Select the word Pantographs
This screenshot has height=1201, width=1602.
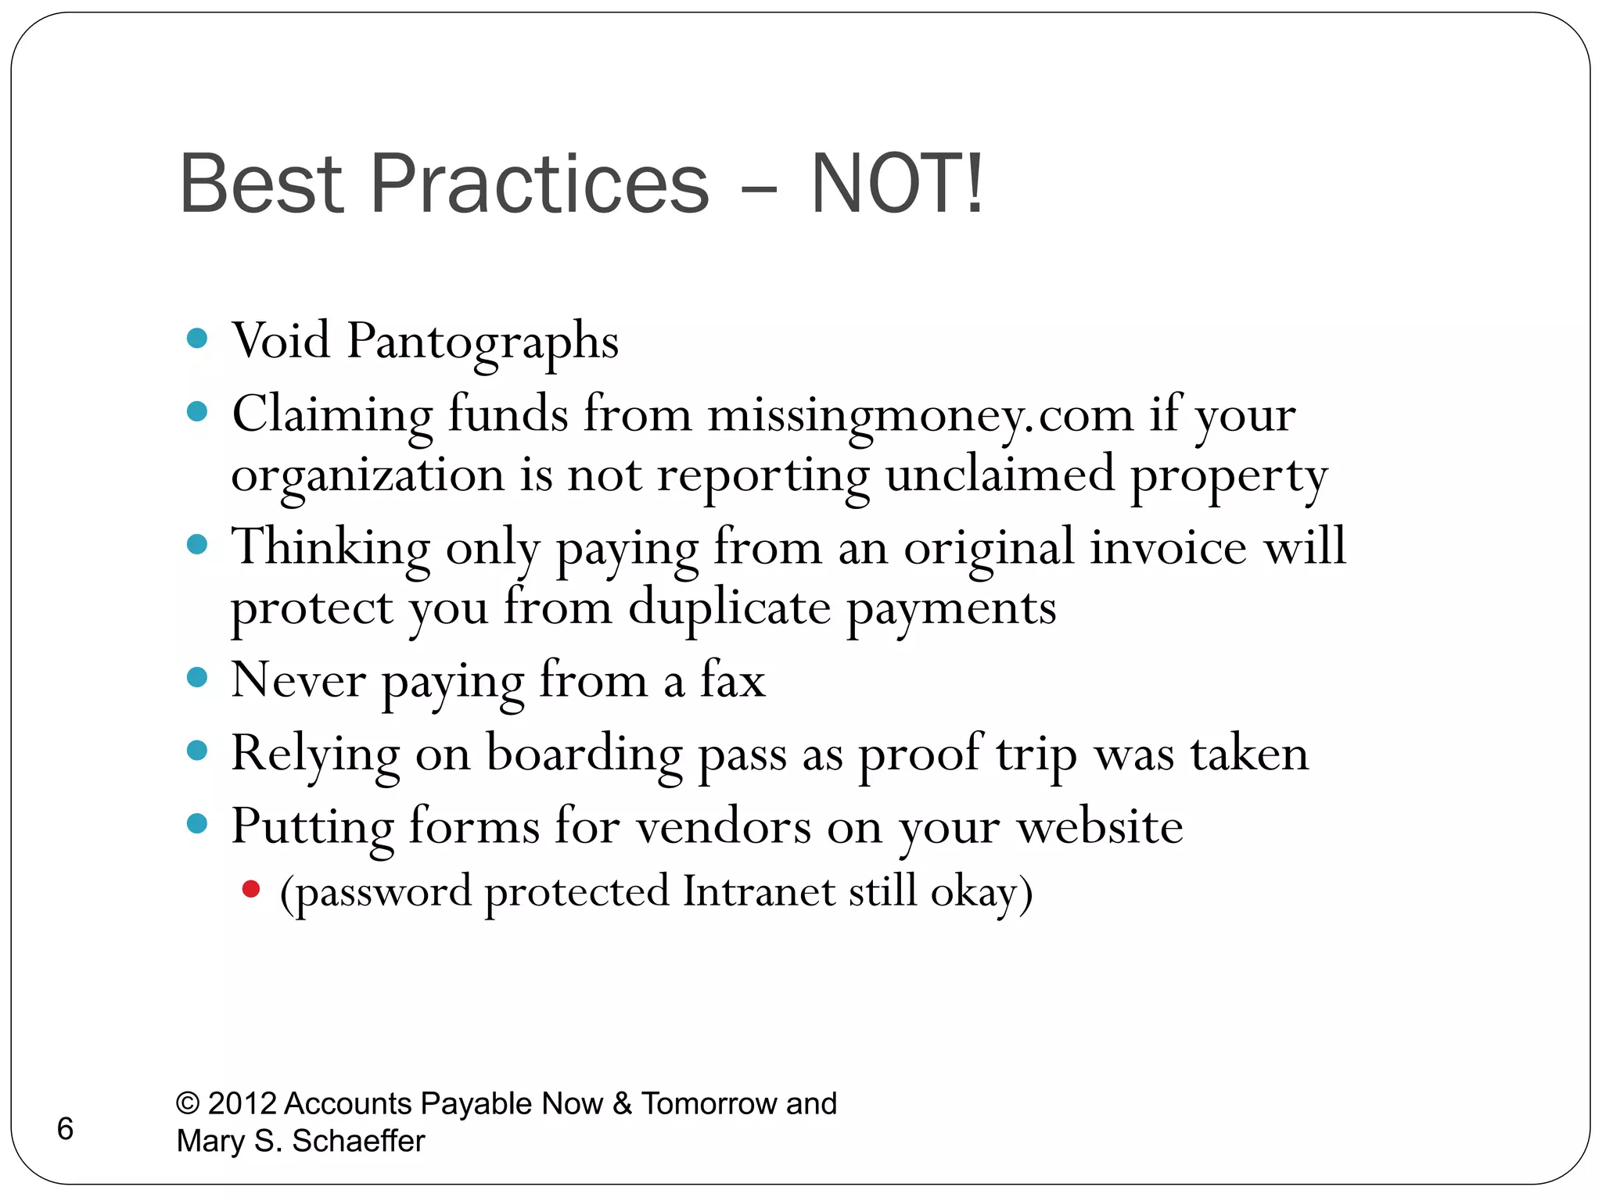(x=483, y=342)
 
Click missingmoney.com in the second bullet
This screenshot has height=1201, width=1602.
(x=920, y=414)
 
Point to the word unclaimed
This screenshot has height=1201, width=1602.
(x=1000, y=474)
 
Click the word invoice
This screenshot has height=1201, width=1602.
(x=1168, y=547)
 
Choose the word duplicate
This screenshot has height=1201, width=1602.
(x=729, y=608)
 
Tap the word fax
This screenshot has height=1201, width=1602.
(x=733, y=679)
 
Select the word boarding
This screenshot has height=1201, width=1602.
(x=584, y=754)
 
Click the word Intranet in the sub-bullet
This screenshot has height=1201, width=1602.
(x=759, y=891)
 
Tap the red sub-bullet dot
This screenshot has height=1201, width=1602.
(x=251, y=889)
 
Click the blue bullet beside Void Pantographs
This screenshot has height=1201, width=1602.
(x=197, y=339)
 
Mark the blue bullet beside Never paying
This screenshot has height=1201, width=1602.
(x=197, y=677)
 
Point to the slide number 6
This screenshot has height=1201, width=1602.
(x=66, y=1128)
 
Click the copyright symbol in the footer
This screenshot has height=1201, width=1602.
(x=188, y=1103)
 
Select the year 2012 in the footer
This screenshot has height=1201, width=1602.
(x=242, y=1103)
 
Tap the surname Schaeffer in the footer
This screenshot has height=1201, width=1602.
(x=358, y=1141)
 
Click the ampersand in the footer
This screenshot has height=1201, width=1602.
(x=623, y=1103)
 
